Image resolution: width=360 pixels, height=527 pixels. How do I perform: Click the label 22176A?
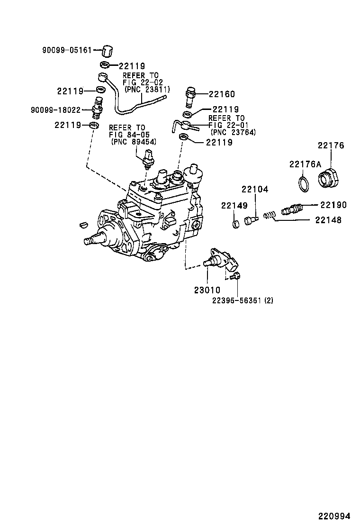(305, 164)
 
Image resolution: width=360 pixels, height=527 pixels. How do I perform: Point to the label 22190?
(333, 205)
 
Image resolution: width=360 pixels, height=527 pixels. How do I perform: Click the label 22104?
(255, 190)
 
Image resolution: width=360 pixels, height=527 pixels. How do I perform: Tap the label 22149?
(234, 205)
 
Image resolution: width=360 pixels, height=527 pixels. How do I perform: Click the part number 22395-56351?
(237, 300)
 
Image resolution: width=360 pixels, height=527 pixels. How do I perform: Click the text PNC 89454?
(134, 142)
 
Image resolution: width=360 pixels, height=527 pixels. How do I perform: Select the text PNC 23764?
(233, 132)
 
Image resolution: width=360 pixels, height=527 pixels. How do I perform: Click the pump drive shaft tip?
(88, 241)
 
